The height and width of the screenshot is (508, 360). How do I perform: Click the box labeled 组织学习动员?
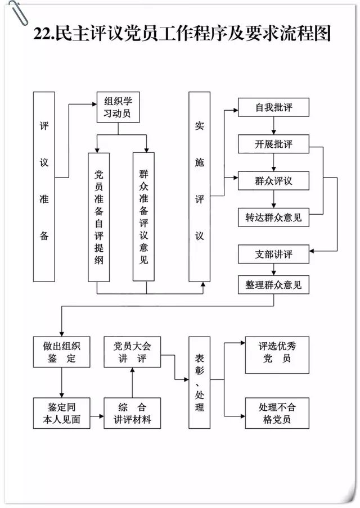[118, 107]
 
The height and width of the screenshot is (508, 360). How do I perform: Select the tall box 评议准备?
[44, 187]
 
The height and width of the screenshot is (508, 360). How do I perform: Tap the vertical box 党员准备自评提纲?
[99, 217]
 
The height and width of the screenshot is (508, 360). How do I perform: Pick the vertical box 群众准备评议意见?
[143, 216]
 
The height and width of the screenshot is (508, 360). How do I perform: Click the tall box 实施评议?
[200, 187]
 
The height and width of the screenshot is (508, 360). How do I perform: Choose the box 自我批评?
[273, 107]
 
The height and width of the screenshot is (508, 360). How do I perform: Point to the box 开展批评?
[273, 144]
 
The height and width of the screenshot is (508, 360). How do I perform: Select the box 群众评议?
[273, 180]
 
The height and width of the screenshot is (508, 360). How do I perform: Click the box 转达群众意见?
[273, 217]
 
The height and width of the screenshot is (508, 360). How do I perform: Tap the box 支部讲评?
[273, 254]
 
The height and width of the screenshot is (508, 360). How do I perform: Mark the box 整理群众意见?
[273, 285]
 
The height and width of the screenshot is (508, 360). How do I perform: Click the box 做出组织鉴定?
[62, 352]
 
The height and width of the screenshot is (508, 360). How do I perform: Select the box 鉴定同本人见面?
[62, 413]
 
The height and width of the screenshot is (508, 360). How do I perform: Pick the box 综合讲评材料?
[132, 413]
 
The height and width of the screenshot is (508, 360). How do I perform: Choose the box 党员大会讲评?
[132, 352]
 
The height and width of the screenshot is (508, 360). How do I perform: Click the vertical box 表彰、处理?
[200, 382]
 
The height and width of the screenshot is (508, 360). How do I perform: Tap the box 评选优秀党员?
[277, 355]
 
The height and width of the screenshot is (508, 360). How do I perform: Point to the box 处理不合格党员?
[277, 413]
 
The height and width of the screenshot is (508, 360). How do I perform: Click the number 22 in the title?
[41, 34]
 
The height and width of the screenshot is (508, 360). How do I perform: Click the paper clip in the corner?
[19, 12]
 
